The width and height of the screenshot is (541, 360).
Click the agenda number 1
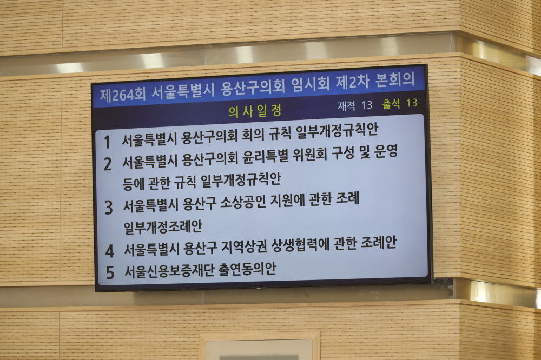(107, 142)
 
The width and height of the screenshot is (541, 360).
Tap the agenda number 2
(108, 164)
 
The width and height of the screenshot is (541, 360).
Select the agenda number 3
(109, 208)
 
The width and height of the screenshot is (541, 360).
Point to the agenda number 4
(109, 251)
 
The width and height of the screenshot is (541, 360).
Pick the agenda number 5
(110, 272)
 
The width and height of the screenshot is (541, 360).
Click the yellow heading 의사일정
(255, 111)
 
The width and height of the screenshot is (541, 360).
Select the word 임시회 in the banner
(310, 84)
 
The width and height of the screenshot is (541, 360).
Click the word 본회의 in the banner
(395, 79)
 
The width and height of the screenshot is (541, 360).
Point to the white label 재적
(346, 105)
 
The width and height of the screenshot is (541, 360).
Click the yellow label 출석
(391, 104)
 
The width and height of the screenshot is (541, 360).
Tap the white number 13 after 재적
(367, 105)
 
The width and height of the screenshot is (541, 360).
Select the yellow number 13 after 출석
(412, 103)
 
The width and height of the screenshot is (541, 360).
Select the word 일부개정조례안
(163, 227)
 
